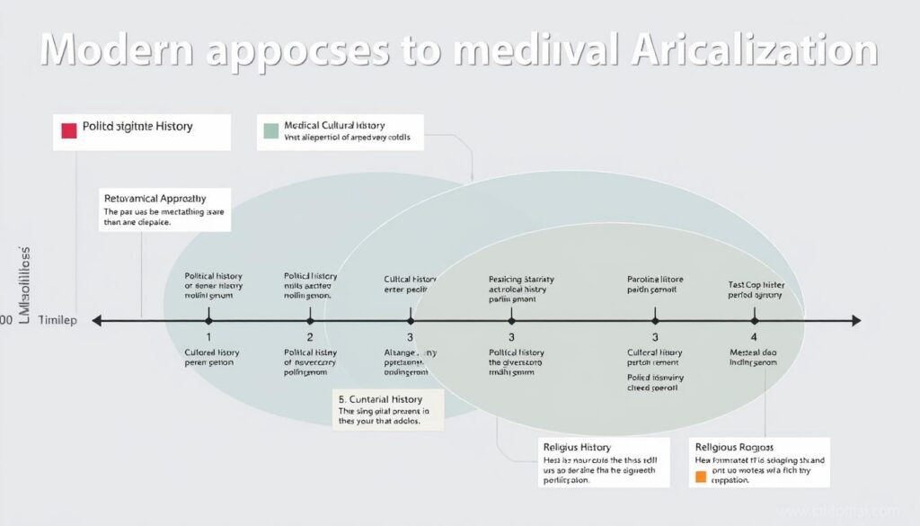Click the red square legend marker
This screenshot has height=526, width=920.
tap(69, 131)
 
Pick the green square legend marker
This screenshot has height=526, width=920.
tap(271, 131)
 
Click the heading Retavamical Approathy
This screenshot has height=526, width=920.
tap(155, 198)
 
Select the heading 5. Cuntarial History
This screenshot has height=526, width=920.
tap(380, 398)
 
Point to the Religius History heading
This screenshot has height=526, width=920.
tap(577, 446)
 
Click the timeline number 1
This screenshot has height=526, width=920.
tap(208, 337)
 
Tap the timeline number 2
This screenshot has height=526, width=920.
tap(310, 337)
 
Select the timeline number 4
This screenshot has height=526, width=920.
tap(754, 337)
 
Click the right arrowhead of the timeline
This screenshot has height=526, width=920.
tap(855, 320)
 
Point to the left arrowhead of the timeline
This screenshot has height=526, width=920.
tap(97, 320)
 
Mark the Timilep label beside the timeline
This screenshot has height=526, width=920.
tap(57, 321)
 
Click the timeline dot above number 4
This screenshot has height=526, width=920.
tap(754, 320)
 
